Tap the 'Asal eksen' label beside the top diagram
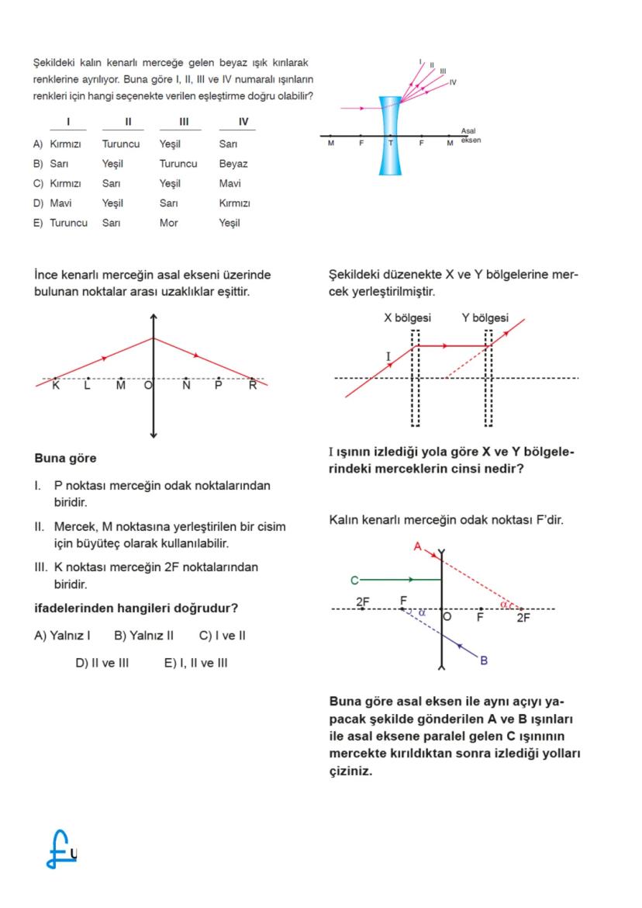pos(470,135)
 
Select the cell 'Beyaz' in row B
pos(233,164)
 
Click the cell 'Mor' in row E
pos(168,223)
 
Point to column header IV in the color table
pos(243,121)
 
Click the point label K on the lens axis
pos(55,386)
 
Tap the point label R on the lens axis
pos(252,386)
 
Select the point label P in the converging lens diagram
pos(219,386)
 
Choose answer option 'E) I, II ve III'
pos(195,663)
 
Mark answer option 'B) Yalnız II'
pos(143,636)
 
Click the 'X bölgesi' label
pos(407,318)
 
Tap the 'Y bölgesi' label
pos(485,318)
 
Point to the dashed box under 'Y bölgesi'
pos(488,378)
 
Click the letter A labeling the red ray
pos(416,546)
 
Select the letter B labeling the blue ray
pos(484,660)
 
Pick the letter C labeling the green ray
pos(354,580)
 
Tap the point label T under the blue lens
pos(390,144)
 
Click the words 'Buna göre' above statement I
pos(65,459)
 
